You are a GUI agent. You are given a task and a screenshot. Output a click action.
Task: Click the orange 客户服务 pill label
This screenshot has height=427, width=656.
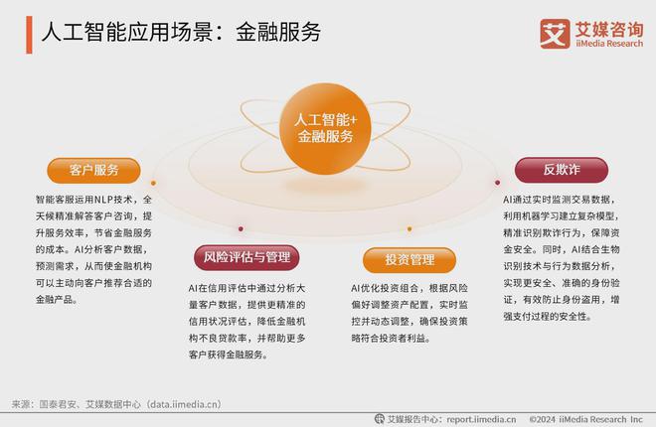point(93,170)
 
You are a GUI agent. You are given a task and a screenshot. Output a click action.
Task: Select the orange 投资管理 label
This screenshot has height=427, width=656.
point(396,260)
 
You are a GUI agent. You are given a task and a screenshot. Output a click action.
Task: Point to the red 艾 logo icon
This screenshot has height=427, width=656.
point(553,32)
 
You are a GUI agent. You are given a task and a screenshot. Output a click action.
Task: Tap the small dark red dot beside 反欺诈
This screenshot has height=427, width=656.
point(497,182)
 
